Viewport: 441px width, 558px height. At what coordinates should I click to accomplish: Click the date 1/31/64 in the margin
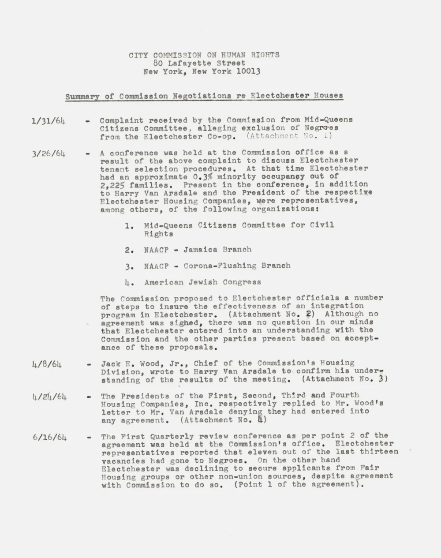48,120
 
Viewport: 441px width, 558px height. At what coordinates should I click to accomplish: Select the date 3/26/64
49,154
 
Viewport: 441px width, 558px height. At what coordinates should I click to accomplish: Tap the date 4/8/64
47,365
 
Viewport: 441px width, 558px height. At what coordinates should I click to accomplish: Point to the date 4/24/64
49,397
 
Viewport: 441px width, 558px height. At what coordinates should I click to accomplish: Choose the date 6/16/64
49,438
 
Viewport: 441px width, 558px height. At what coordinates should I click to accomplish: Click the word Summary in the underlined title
82,96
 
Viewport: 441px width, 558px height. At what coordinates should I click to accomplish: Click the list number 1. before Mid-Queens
129,226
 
